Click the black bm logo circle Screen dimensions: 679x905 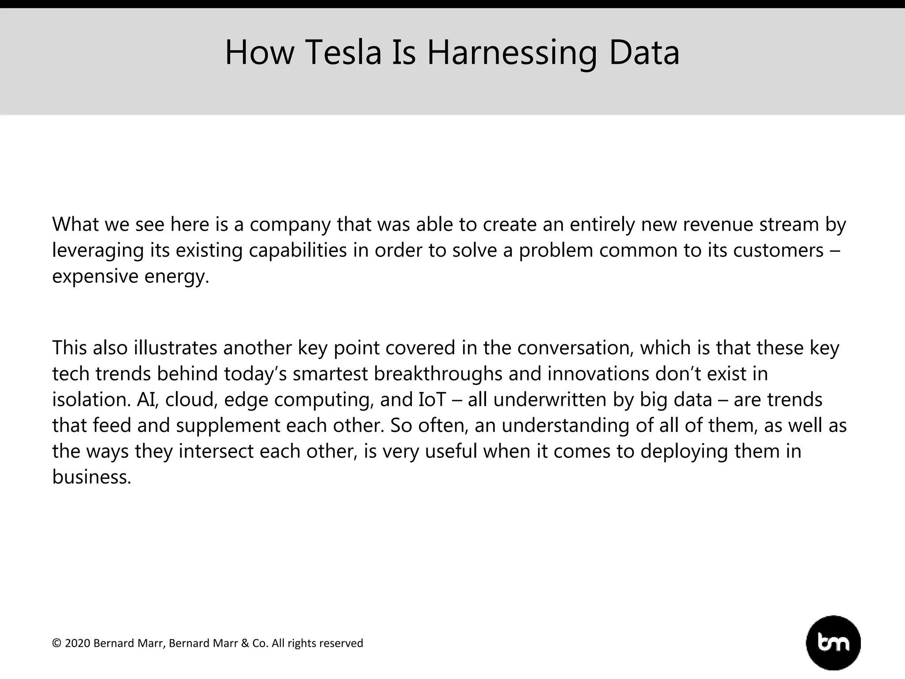(833, 642)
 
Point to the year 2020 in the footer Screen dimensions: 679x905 (77, 643)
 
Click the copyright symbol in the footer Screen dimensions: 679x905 (56, 643)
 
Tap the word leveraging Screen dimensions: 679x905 (98, 251)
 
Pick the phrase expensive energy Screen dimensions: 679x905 (130, 277)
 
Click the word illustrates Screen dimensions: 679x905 (175, 347)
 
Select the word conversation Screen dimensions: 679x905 (575, 347)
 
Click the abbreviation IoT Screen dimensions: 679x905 (432, 399)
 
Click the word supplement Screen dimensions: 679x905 (228, 426)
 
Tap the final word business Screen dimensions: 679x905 (91, 477)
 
